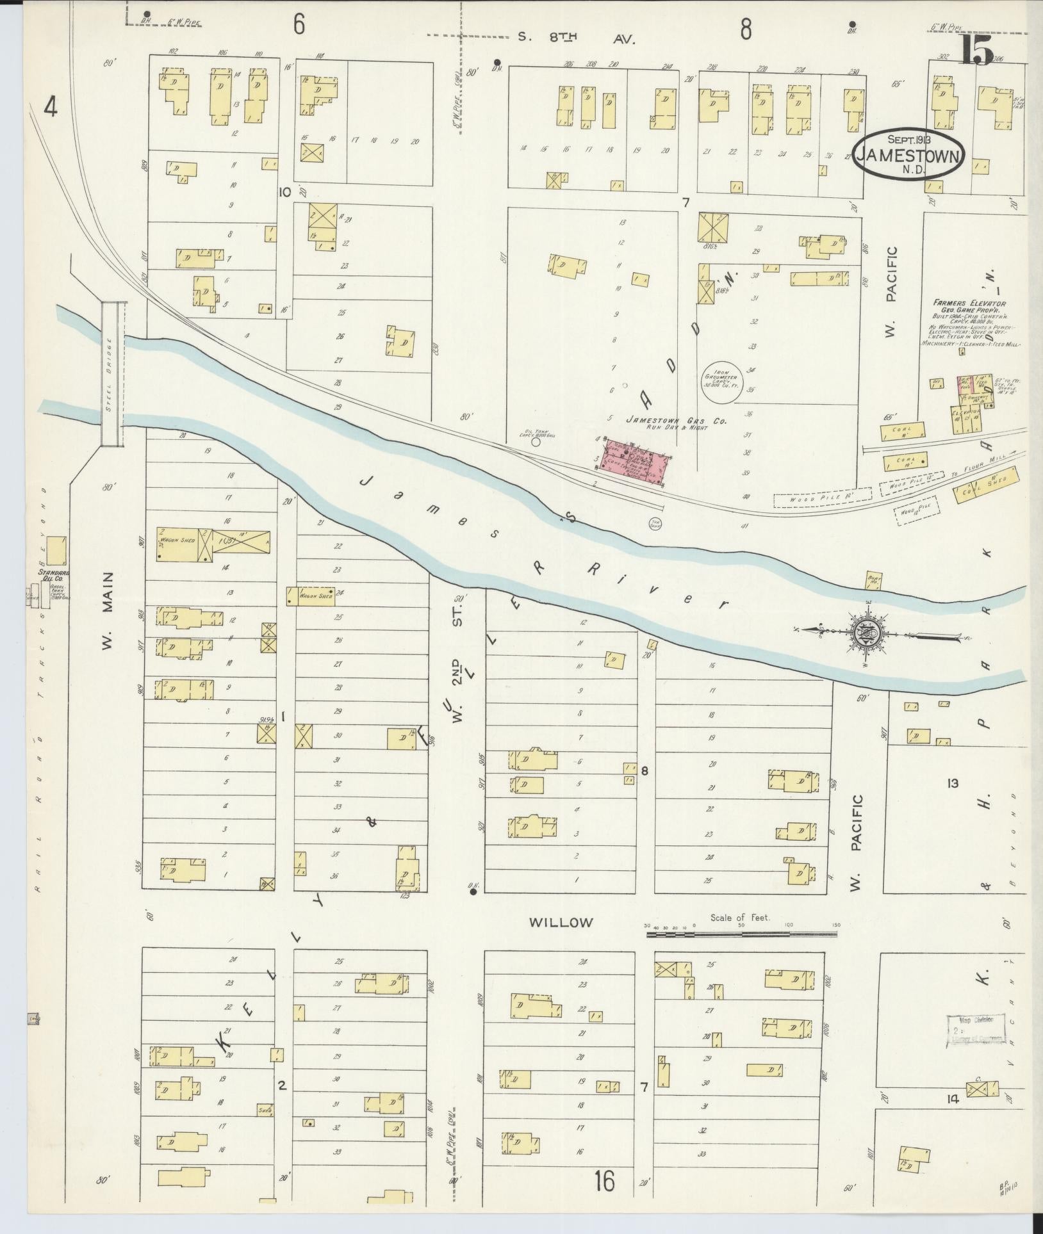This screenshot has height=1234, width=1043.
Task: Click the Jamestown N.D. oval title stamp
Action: click(x=909, y=155)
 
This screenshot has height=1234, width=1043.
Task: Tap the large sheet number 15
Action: click(x=977, y=51)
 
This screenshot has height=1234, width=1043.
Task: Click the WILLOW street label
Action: click(x=561, y=922)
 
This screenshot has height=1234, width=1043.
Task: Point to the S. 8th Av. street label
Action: click(x=577, y=38)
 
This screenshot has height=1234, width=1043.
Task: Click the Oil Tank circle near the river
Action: click(x=536, y=441)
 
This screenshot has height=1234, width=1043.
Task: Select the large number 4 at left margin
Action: click(x=51, y=108)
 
